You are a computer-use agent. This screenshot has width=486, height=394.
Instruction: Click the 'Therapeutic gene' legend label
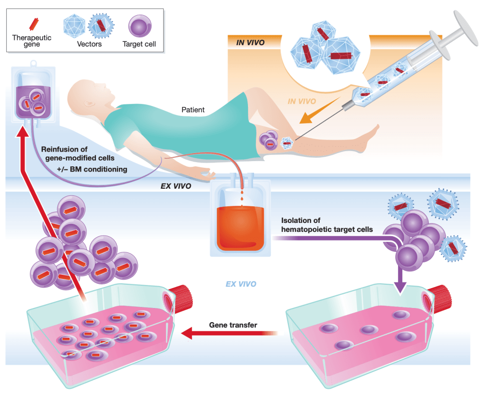coord(32,41)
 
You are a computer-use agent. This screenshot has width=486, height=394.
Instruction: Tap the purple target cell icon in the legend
coord(140,27)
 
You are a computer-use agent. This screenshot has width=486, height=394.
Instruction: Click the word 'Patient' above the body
coord(193,110)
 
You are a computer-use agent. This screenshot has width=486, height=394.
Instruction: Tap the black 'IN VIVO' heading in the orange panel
coord(250,43)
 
